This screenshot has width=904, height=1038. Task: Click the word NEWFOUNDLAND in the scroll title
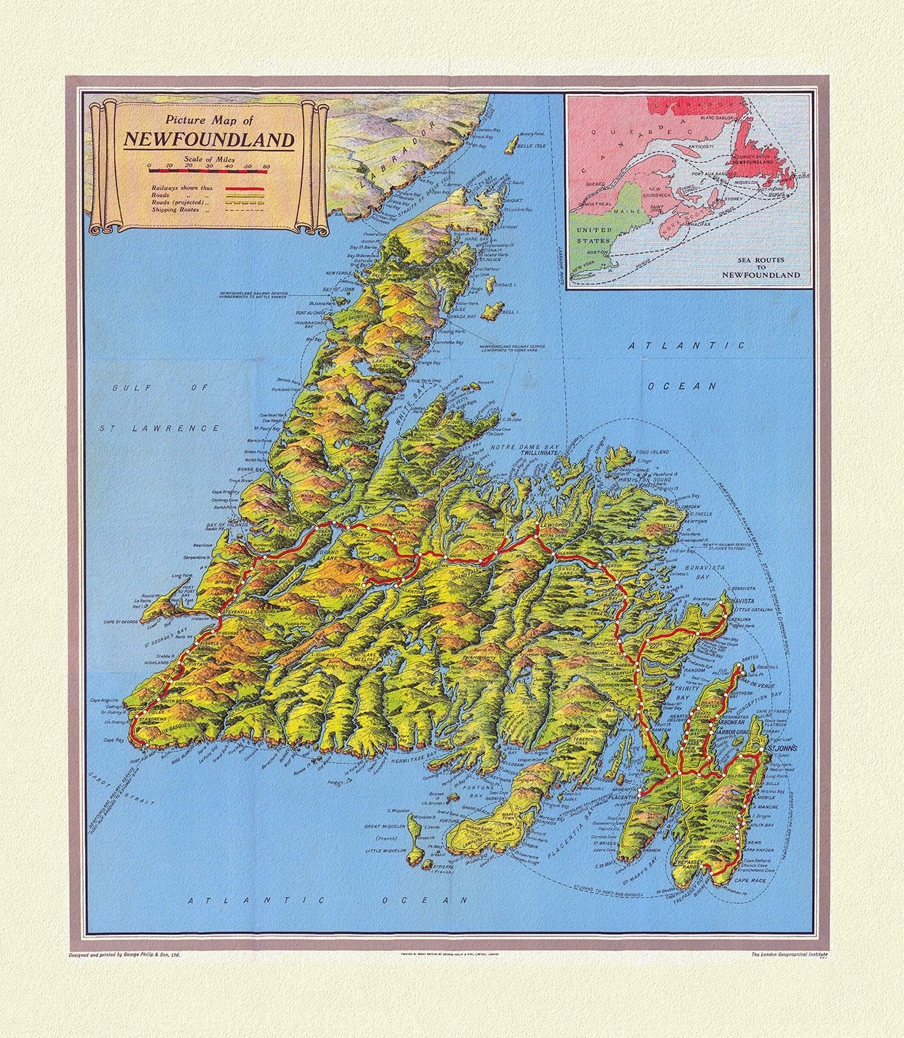[x=208, y=140]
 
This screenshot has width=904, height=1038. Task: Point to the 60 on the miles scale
[x=266, y=167]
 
